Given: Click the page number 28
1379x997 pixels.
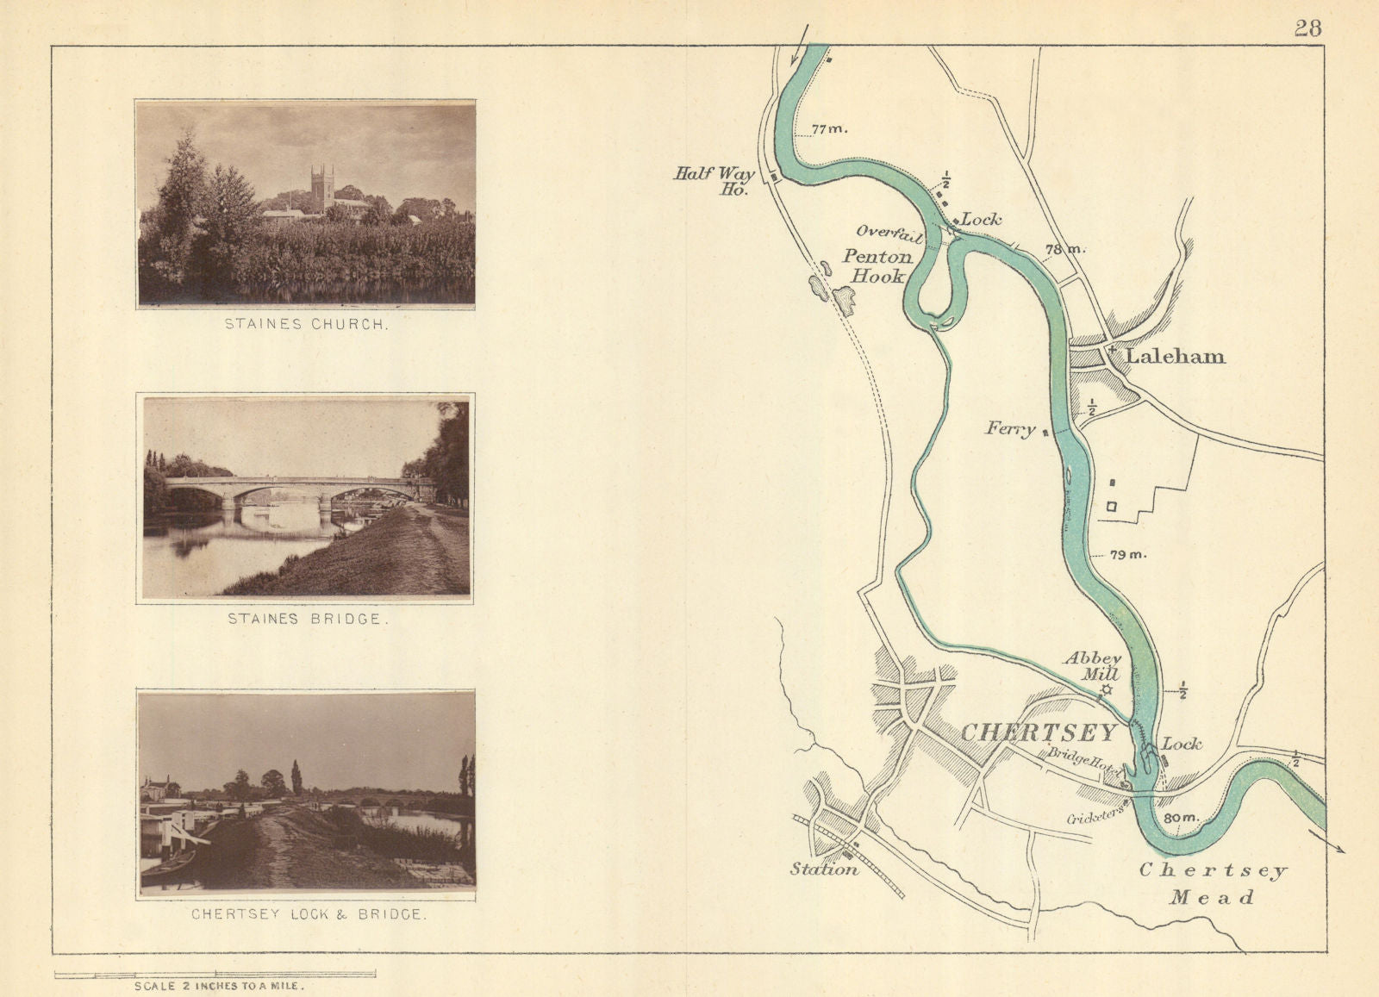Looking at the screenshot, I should (1307, 28).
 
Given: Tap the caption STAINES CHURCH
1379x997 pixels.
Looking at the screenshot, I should (306, 325).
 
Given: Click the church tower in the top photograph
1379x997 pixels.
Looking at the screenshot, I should (322, 188).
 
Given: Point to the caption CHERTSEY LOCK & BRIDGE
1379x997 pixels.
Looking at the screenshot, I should (308, 914).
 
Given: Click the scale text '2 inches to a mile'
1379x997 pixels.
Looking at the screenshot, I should (219, 986).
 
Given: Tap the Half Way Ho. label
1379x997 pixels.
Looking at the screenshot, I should (714, 180).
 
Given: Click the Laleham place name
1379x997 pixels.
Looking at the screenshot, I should (1175, 357).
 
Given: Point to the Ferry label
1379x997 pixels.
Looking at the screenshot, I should (1010, 427).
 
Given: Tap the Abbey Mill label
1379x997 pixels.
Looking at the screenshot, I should (1092, 666).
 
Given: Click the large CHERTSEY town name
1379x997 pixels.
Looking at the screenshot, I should (1039, 733).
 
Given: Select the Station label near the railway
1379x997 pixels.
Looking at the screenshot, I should (824, 869).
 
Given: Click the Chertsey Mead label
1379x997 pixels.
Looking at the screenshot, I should (1212, 883).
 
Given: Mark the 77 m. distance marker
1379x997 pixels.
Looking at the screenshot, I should (829, 129).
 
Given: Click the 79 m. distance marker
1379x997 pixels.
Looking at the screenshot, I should (1128, 554).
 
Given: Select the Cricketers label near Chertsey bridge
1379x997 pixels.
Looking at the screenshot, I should (1095, 816).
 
